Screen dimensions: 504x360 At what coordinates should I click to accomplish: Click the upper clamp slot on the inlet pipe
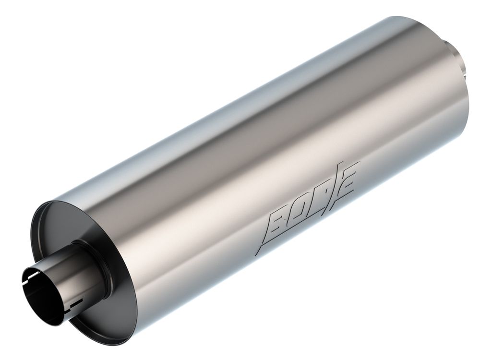coord(33,275)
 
